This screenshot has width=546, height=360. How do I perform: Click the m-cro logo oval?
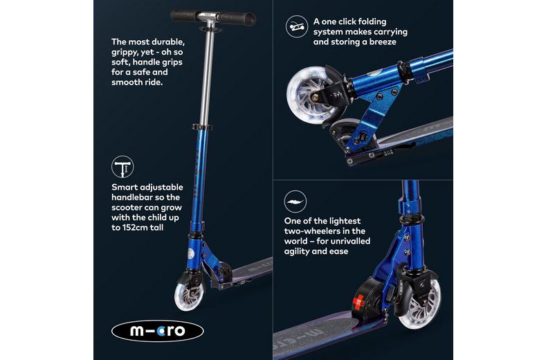pyautogui.click(x=158, y=330)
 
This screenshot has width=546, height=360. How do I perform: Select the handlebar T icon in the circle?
pyautogui.click(x=122, y=167)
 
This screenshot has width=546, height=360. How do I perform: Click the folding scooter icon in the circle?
pyautogui.click(x=296, y=28)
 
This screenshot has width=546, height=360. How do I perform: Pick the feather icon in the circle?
pyautogui.click(x=295, y=203)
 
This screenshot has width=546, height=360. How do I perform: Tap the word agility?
pyautogui.click(x=299, y=251)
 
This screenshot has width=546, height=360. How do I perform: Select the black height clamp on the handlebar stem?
pyautogui.click(x=201, y=129)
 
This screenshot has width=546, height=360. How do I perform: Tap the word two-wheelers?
pyautogui.click(x=316, y=231)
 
